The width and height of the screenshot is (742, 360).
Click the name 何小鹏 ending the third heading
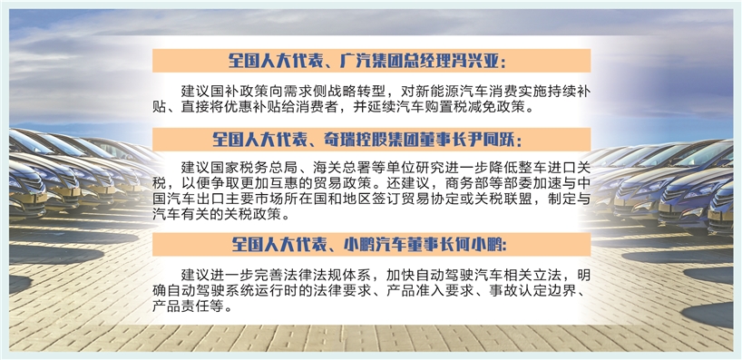(x=476, y=245)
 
